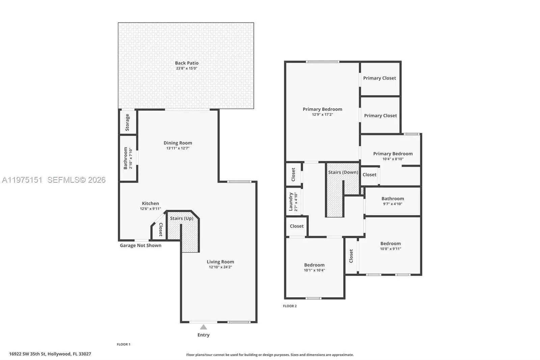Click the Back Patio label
pos(187,63)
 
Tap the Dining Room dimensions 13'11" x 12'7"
pos(178,148)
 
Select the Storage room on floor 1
pos(128,122)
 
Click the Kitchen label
pos(150,203)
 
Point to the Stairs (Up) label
pos(182,218)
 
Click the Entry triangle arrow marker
pos(203,327)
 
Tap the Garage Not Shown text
pos(140,246)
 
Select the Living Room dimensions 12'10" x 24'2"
pos(220,267)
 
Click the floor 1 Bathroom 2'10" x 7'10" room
pos(128,158)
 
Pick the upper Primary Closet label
pos(379,78)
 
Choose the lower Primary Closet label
pos(380,115)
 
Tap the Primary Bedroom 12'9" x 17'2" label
pos(322,109)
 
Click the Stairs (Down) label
pos(343,172)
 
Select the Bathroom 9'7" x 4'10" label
pos(393,199)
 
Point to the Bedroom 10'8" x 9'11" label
pos(390,243)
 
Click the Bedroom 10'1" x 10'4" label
pos(314,265)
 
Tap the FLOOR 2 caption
pos(290,306)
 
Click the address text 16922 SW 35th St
pos(50,354)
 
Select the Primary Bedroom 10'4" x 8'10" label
pos(393,154)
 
